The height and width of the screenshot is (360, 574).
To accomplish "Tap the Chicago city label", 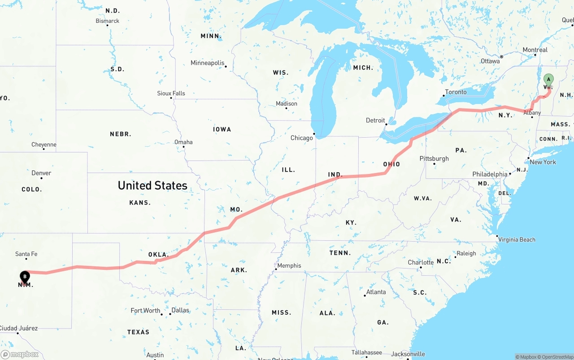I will (x=302, y=138).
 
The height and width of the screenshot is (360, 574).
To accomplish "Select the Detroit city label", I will (x=375, y=120).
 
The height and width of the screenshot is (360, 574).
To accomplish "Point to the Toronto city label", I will (x=456, y=92).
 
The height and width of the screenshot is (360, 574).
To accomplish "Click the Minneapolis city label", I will (x=207, y=63).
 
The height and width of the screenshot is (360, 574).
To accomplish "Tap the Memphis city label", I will (x=289, y=265).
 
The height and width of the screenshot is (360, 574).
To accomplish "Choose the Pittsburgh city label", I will (x=434, y=158).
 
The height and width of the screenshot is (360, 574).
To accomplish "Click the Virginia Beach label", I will (x=517, y=239).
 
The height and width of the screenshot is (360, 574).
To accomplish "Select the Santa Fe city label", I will (x=26, y=254).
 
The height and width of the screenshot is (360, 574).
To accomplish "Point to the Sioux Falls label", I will (x=171, y=93).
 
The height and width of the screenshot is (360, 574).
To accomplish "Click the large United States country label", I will (x=152, y=185).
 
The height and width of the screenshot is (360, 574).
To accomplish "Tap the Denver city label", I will (x=41, y=173).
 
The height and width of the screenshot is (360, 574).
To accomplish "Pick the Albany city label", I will (x=532, y=113).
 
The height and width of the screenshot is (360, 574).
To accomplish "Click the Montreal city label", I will (x=535, y=50).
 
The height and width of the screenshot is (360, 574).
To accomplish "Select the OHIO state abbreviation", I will (x=391, y=164).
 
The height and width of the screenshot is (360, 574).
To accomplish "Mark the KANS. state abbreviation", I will (x=140, y=203).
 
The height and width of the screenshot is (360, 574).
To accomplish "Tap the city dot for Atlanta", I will (x=365, y=295).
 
